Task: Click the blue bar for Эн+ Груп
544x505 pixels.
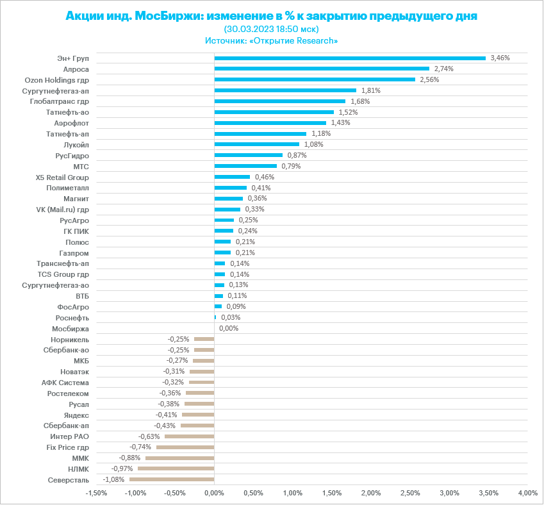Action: coord(350,58)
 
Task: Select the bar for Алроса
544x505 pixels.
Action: coord(322,69)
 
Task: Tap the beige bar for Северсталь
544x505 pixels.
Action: coord(172,479)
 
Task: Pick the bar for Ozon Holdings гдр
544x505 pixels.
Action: coord(315,79)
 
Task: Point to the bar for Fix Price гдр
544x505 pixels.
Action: coord(185,447)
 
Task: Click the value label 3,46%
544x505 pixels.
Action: coord(500,58)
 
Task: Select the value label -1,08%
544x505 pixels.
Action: coord(113,479)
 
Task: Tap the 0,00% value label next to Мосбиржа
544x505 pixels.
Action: coord(229,328)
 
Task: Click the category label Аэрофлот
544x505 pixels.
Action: coord(72,122)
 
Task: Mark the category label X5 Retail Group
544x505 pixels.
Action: coord(63,177)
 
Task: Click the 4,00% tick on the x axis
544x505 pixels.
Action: coord(527,493)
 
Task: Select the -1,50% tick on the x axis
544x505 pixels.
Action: coord(97,493)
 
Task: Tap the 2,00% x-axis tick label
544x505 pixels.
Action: coord(371,493)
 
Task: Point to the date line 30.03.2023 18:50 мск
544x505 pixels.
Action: coord(272,29)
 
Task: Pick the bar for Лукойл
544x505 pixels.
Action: coord(256,144)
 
